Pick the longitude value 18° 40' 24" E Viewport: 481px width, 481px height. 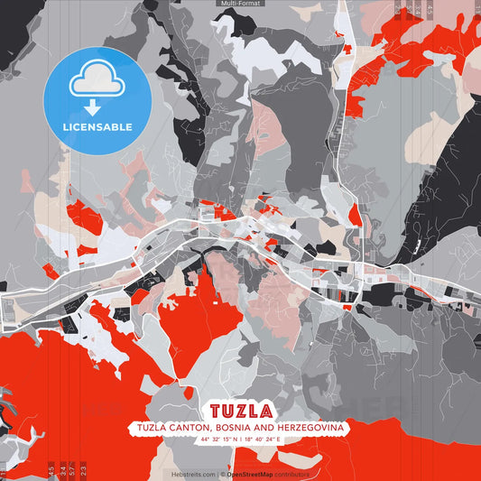pos(270,440)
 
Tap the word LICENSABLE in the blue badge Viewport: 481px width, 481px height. pos(97,127)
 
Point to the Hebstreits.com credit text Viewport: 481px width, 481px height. pos(194,473)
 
